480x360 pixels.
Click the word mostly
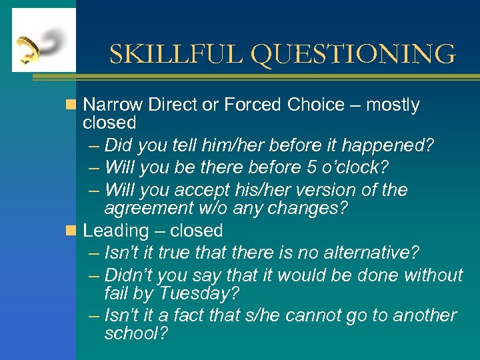393,105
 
